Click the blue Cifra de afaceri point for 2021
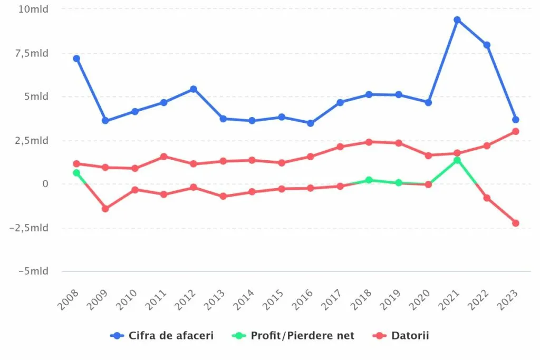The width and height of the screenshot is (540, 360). (457, 20)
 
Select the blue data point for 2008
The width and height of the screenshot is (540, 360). (76, 59)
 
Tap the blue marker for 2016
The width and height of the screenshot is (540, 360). (311, 123)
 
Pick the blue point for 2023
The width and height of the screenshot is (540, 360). (515, 120)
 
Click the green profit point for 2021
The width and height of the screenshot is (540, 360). (457, 160)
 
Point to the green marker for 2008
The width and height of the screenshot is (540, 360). (76, 173)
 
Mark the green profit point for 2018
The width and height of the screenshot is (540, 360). (369, 180)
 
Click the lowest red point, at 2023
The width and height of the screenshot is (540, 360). (515, 223)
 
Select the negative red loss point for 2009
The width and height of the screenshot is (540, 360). (105, 209)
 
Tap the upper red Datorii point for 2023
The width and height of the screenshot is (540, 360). (515, 131)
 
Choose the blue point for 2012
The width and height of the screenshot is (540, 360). (194, 89)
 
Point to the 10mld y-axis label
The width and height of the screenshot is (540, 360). (33, 9)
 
